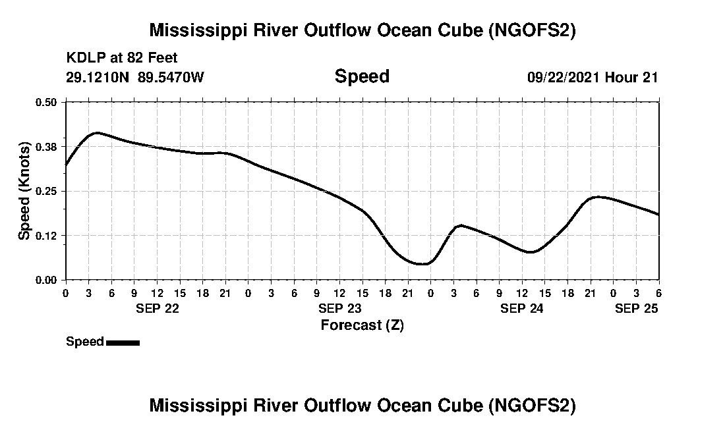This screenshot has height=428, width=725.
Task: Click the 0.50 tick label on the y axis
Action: [x=47, y=102]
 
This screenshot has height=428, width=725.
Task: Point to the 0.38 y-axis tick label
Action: [x=47, y=146]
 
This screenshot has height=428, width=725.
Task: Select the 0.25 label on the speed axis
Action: [x=47, y=191]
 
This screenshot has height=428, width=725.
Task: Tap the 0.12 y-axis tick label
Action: [x=47, y=236]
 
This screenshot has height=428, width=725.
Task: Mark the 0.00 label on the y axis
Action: [x=47, y=280]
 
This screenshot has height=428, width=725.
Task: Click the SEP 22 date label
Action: [x=157, y=308]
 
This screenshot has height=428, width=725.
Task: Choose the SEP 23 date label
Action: [x=339, y=308]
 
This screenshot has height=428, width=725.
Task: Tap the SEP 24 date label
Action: [x=522, y=308]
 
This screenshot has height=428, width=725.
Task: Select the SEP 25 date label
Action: [x=637, y=308]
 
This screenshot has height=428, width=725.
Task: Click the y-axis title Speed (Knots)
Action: [x=24, y=190]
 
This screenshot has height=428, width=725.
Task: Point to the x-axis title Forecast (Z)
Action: [x=362, y=325]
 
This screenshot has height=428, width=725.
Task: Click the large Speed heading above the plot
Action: [x=362, y=76]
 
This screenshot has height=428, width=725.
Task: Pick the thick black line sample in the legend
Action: [x=123, y=342]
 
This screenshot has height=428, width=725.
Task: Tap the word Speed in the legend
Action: [x=85, y=342]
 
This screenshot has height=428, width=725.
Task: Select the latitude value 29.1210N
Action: [x=98, y=77]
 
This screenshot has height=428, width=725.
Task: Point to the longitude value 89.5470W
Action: [x=171, y=77]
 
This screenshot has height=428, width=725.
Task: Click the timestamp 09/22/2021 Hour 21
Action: [x=593, y=77]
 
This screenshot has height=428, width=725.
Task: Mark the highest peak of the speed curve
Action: [x=97, y=133]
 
